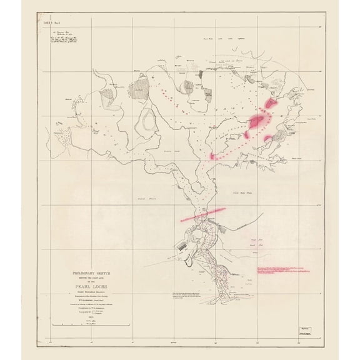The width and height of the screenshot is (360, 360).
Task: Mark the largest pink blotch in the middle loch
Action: [256, 121]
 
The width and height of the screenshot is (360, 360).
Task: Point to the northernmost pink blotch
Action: [270, 101]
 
